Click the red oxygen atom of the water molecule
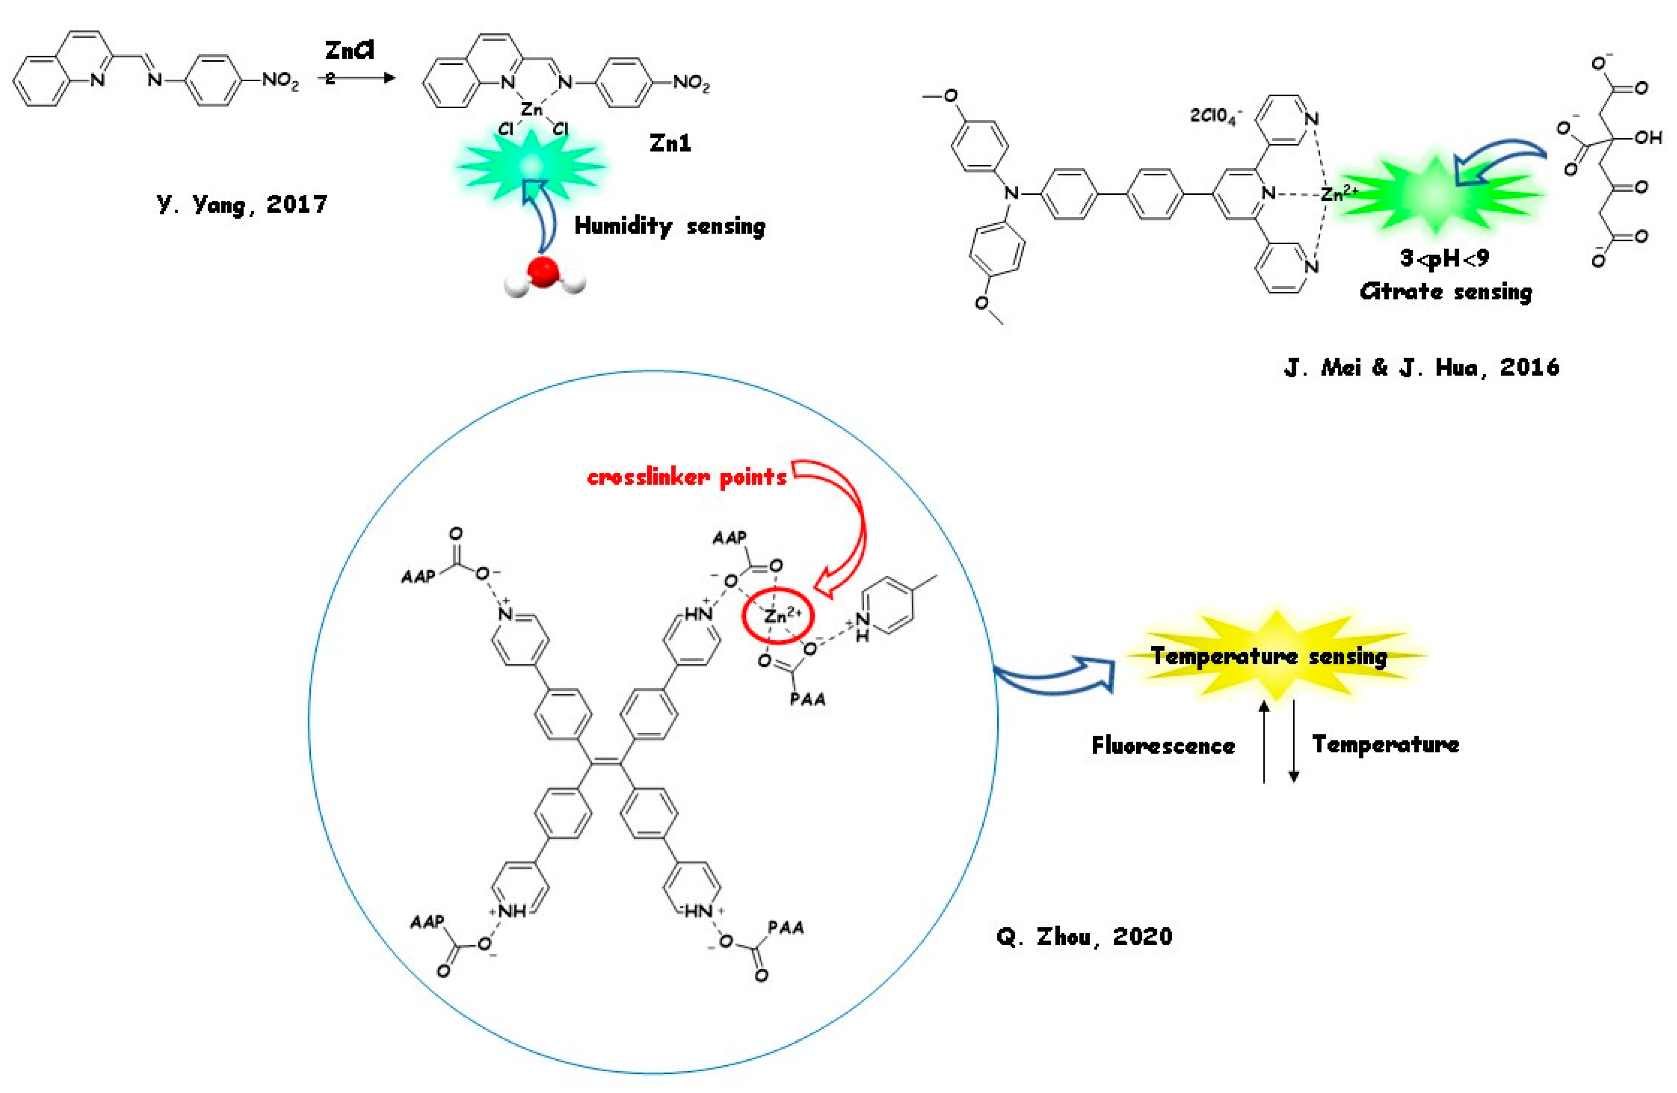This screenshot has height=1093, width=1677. tap(544, 272)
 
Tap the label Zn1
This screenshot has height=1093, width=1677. tap(670, 144)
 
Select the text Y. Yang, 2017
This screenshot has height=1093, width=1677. tap(241, 204)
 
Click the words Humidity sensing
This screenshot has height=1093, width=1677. tap(670, 226)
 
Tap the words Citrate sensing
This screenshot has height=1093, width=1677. tap(1446, 291)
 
